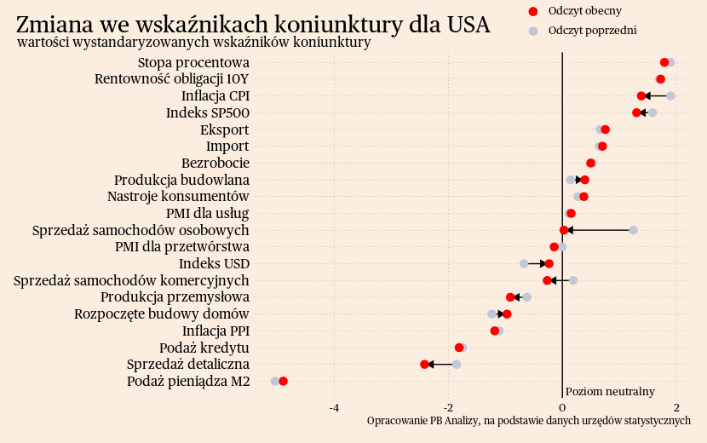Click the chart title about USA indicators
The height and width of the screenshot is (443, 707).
pyautogui.click(x=253, y=24)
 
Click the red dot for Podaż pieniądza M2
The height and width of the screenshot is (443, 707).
pyautogui.click(x=283, y=381)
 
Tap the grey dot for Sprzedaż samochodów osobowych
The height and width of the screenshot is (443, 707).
pyautogui.click(x=633, y=230)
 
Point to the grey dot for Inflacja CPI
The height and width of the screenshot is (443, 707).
pyautogui.click(x=670, y=95)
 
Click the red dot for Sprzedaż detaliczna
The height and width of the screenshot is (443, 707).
pyautogui.click(x=425, y=365)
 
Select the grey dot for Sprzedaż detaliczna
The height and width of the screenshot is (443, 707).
pyautogui.click(x=457, y=365)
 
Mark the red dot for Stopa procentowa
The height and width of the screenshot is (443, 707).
pyautogui.click(x=664, y=62)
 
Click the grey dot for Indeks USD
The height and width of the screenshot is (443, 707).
pyautogui.click(x=524, y=264)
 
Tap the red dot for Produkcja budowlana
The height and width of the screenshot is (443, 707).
pyautogui.click(x=584, y=180)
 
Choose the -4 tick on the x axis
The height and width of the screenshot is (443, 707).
pyautogui.click(x=335, y=407)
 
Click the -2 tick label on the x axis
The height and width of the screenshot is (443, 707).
pyautogui.click(x=448, y=407)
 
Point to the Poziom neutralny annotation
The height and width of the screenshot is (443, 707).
pyautogui.click(x=610, y=392)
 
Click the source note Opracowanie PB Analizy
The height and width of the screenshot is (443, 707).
pyautogui.click(x=528, y=421)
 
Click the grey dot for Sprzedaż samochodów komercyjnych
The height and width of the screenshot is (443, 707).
pyautogui.click(x=573, y=280)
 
